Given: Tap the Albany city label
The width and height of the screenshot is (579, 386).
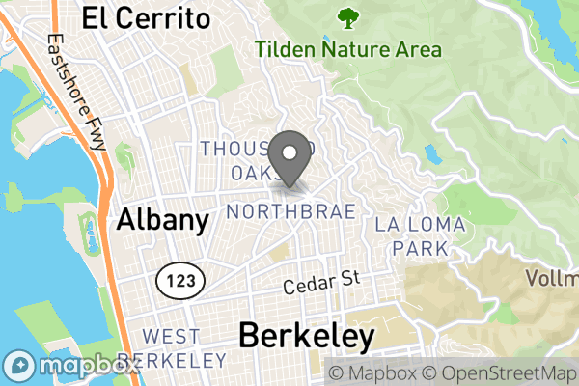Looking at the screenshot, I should [x=162, y=220].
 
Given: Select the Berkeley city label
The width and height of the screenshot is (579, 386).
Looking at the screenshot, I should [x=305, y=337].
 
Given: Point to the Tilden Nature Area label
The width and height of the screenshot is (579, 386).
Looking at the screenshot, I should [x=348, y=49].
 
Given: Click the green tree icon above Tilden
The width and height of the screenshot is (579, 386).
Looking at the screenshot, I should [x=346, y=17].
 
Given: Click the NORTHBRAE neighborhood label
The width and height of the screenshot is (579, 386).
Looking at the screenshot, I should [x=290, y=210].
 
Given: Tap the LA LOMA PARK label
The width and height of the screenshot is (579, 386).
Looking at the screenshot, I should [x=420, y=236].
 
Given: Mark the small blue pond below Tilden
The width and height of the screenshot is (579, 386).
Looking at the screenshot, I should [x=428, y=152].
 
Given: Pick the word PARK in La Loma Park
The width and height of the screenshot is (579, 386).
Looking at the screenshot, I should [x=420, y=248].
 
